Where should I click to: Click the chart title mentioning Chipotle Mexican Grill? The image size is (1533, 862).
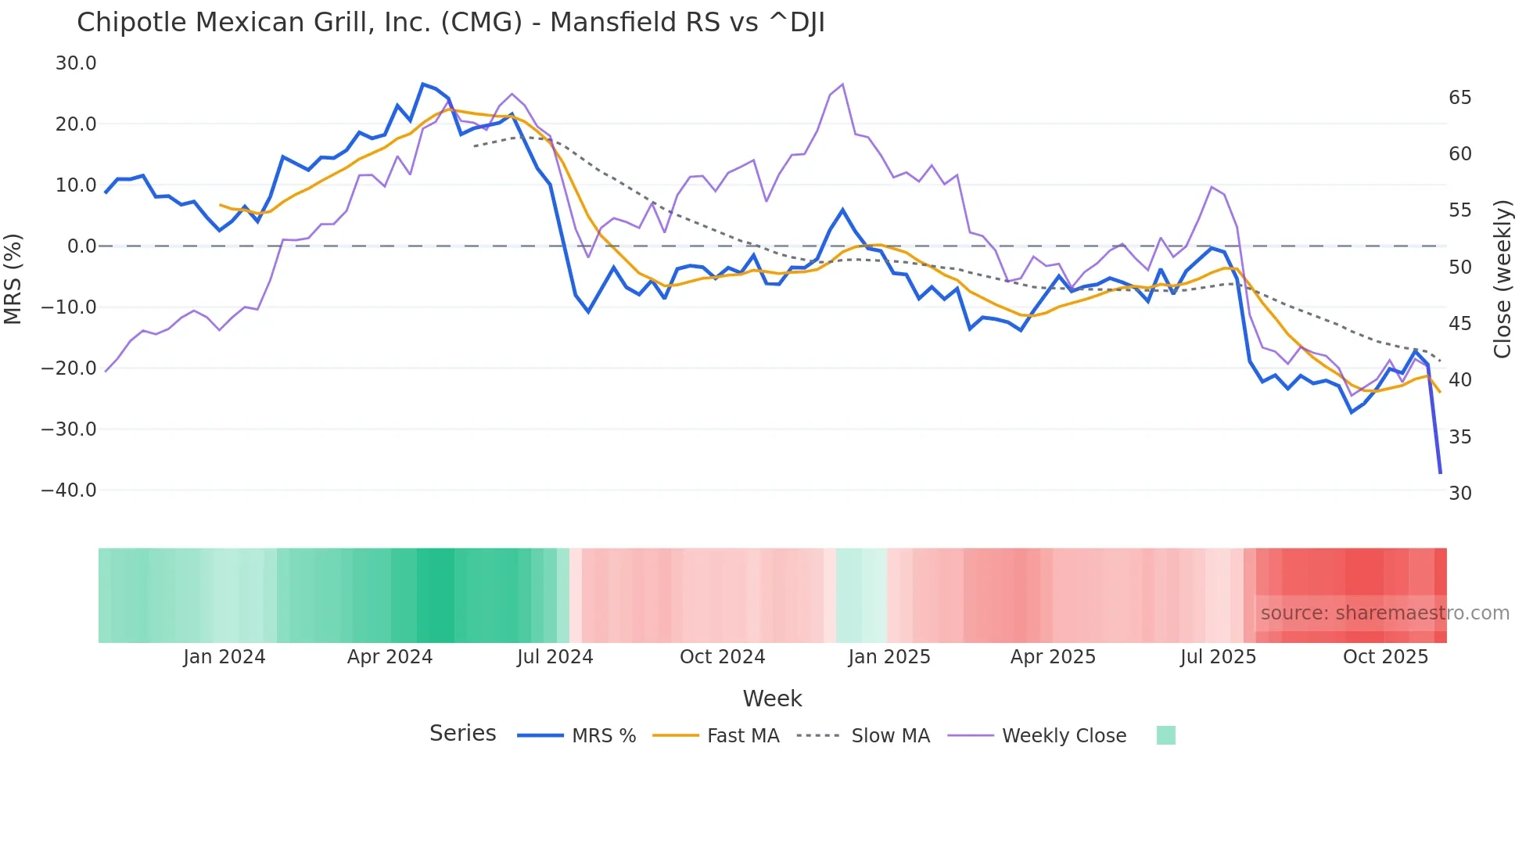click(x=451, y=23)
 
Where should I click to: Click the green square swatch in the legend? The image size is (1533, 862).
click(x=1165, y=735)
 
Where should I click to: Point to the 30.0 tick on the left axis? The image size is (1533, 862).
click(x=76, y=63)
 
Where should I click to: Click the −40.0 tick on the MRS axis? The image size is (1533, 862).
click(x=69, y=490)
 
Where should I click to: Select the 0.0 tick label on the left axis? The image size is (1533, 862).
click(x=81, y=246)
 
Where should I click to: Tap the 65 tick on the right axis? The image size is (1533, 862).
click(x=1459, y=98)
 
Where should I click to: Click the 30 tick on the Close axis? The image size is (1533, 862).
click(x=1459, y=494)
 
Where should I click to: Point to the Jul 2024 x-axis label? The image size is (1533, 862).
click(x=555, y=657)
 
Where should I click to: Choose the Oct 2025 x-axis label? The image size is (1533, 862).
click(x=1385, y=657)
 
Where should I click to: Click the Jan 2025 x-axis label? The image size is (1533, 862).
click(x=889, y=657)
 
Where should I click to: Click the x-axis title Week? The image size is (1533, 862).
click(x=772, y=699)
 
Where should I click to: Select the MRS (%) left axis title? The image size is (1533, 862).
click(x=13, y=278)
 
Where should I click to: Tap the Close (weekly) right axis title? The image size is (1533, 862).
click(x=1502, y=278)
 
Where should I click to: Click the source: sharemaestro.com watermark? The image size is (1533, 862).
click(x=1384, y=613)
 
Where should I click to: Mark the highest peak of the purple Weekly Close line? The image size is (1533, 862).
click(x=842, y=84)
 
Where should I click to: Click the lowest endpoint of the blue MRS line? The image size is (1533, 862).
click(x=1440, y=472)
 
